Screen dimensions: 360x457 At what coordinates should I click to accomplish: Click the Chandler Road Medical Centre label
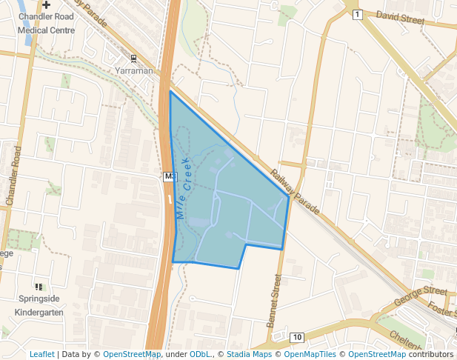pyautogui.click(x=46, y=23)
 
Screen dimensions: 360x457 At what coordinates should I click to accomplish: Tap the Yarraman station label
pyautogui.click(x=134, y=70)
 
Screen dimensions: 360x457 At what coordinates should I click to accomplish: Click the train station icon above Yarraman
pyautogui.click(x=134, y=58)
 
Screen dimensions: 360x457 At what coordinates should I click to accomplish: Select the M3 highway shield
pyautogui.click(x=170, y=176)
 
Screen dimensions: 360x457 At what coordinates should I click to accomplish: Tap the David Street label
pyautogui.click(x=401, y=16)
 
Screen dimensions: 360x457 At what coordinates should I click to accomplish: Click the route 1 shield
pyautogui.click(x=357, y=14)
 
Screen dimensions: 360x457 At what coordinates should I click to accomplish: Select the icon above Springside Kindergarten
pyautogui.click(x=39, y=287)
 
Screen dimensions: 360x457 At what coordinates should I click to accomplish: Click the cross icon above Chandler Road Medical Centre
pyautogui.click(x=46, y=4)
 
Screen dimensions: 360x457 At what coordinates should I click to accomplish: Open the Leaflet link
pyautogui.click(x=41, y=354)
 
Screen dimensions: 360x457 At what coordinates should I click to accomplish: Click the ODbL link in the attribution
pyautogui.click(x=201, y=354)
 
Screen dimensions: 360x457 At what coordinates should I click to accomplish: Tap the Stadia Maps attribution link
pyautogui.click(x=249, y=354)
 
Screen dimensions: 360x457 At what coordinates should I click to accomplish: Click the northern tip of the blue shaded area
pyautogui.click(x=170, y=92)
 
